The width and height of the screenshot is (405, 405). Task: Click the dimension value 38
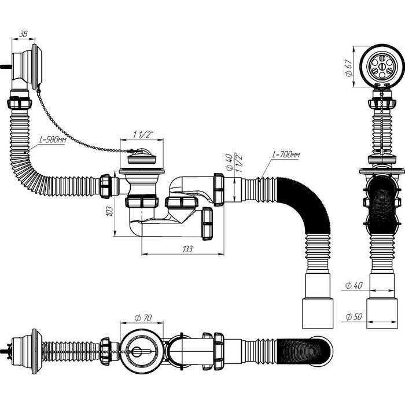point(23,34)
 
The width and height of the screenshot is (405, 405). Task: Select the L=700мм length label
point(286,155)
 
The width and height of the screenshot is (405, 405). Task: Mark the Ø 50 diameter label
point(354,316)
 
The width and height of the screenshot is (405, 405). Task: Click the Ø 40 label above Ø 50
point(354,285)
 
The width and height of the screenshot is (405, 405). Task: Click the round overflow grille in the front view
point(382,66)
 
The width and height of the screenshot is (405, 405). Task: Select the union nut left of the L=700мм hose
point(219,188)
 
